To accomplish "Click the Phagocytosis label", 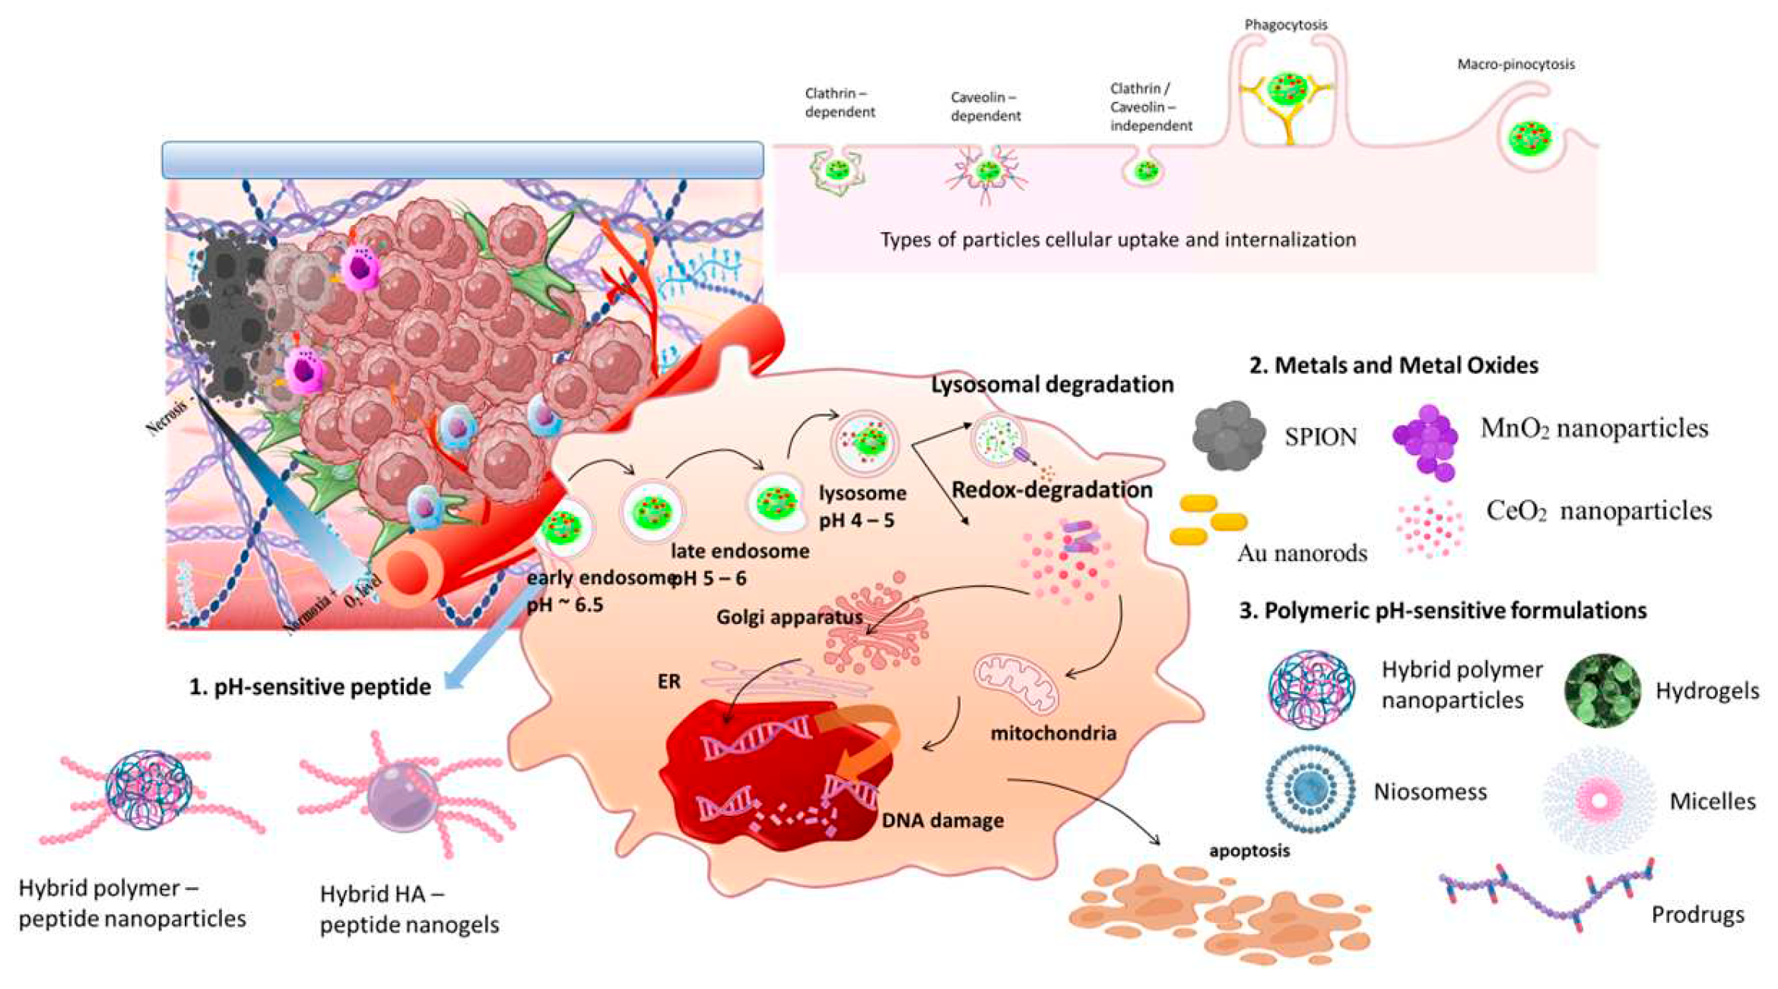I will (1285, 25).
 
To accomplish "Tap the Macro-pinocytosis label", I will (1515, 65).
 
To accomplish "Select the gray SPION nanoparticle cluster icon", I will (1229, 436).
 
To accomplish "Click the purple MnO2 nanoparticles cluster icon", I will (1426, 441).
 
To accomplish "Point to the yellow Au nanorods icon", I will (1208, 521).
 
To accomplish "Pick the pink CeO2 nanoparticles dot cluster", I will (1430, 526).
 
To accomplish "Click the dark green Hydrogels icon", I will (1602, 690).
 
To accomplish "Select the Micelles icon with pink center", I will (1599, 800).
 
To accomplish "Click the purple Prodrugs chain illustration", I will (1544, 897).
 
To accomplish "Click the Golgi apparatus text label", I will (789, 617).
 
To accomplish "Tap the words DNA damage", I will (942, 820).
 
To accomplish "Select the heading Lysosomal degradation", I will (1052, 385).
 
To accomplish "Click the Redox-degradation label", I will (1052, 490).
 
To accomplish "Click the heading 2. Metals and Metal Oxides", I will (1393, 366).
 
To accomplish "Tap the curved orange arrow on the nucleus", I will (867, 741).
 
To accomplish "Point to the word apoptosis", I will (1249, 850).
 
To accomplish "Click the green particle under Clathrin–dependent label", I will (838, 170).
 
